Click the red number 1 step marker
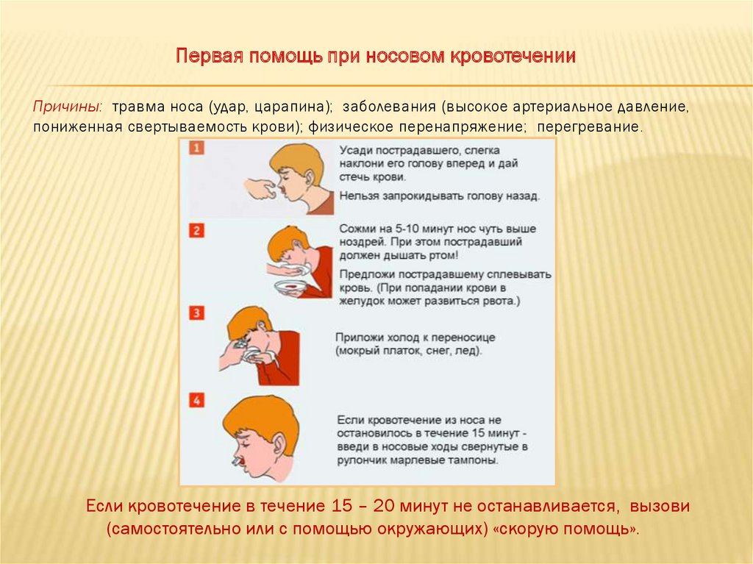pyautogui.click(x=196, y=148)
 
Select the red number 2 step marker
pyautogui.click(x=196, y=230)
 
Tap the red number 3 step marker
pyautogui.click(x=196, y=313)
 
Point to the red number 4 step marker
pyautogui.click(x=196, y=400)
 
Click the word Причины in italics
pyautogui.click(x=67, y=107)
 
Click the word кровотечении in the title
pyautogui.click(x=513, y=56)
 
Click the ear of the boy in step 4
pyautogui.click(x=280, y=446)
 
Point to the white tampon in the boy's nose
pyautogui.click(x=237, y=461)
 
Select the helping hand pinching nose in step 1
pyautogui.click(x=261, y=189)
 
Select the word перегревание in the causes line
pyautogui.click(x=589, y=127)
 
